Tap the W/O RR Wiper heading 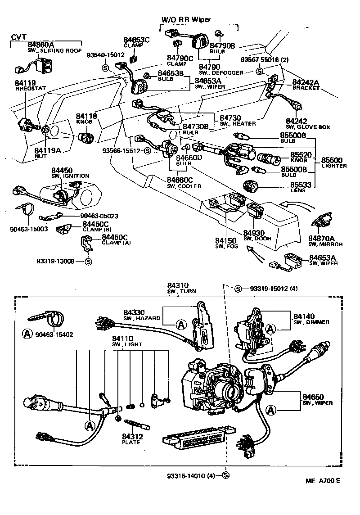click(186, 19)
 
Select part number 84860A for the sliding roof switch click(41, 45)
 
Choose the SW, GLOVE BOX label click(308, 127)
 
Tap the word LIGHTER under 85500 click(334, 166)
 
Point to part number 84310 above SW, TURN click(178, 285)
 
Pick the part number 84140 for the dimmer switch click(304, 316)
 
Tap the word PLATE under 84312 click(131, 442)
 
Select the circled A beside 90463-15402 click(27, 334)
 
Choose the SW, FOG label click(225, 247)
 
